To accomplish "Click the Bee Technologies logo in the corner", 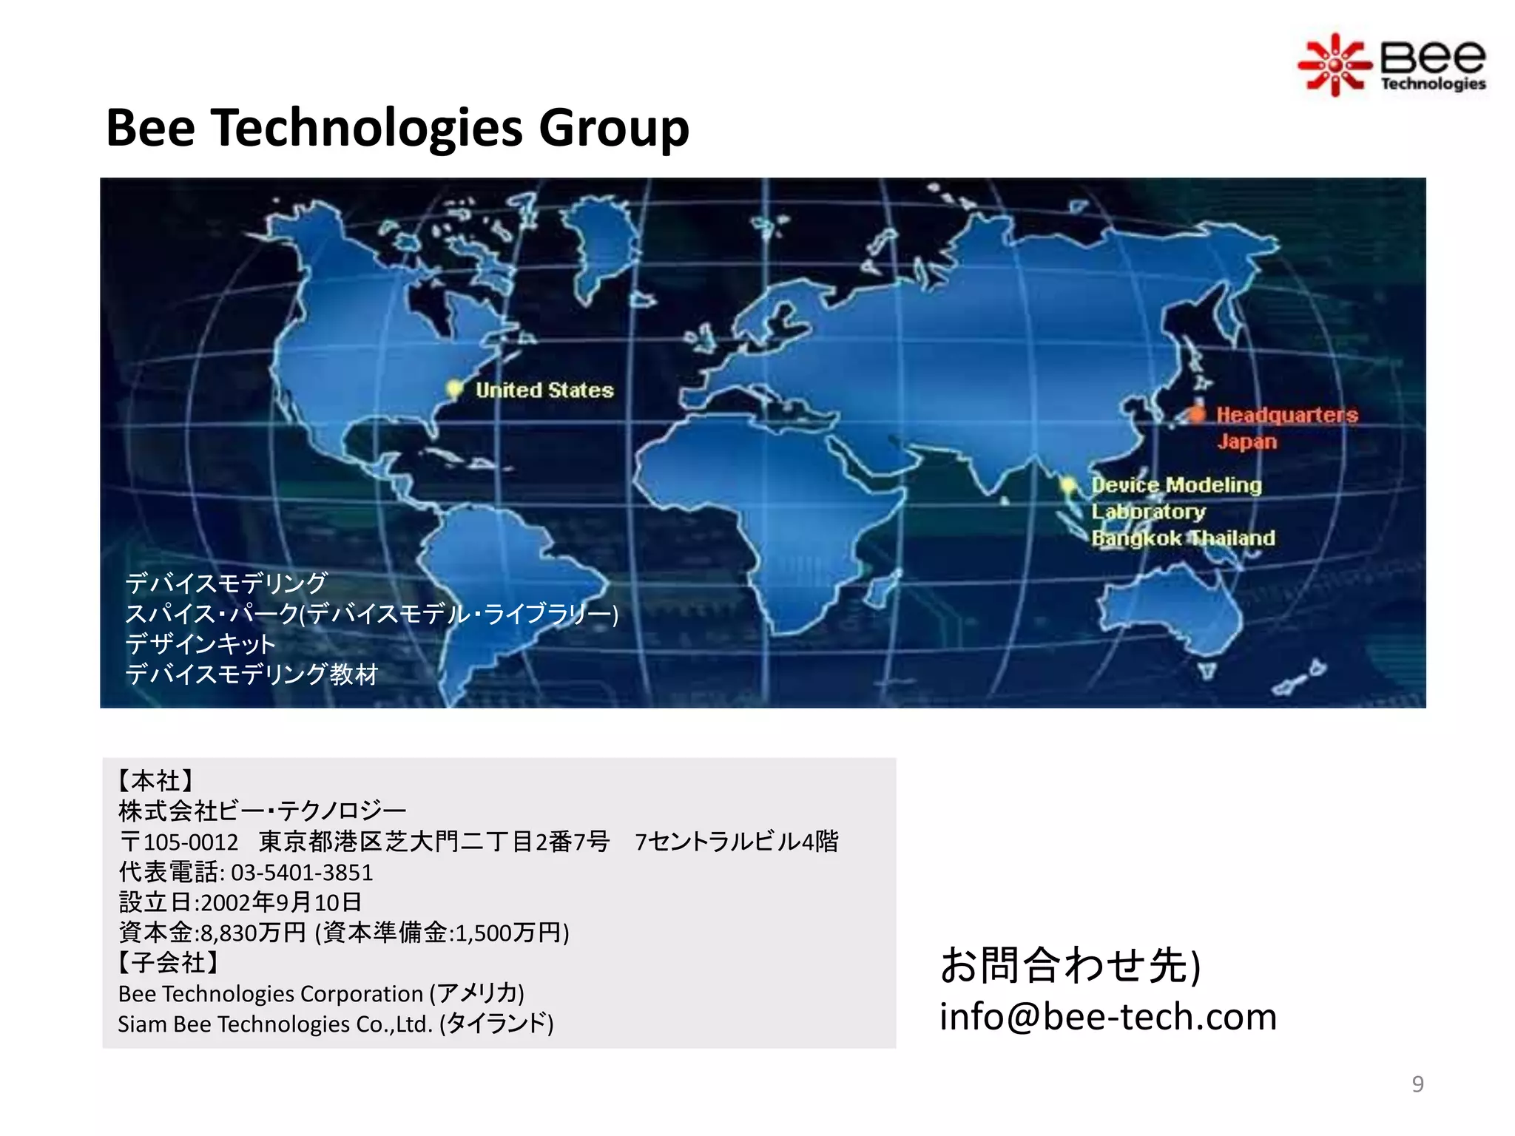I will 1392,65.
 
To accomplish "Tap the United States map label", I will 544,390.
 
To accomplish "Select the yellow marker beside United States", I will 454,388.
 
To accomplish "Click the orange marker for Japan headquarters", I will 1196,413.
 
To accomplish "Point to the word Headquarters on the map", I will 1287,415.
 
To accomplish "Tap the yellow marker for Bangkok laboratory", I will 1067,485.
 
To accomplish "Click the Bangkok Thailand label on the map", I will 1183,538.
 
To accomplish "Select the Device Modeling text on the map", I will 1176,485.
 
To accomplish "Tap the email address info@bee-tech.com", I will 1107,1017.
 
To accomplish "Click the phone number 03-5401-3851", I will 302,873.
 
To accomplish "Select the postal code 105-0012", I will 191,842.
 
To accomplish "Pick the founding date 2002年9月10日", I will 281,902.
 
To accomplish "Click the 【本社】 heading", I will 155,781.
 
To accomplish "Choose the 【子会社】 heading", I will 168,963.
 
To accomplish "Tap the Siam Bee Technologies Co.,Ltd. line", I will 335,1024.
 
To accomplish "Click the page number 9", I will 1417,1084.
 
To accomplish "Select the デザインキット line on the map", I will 200,644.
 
